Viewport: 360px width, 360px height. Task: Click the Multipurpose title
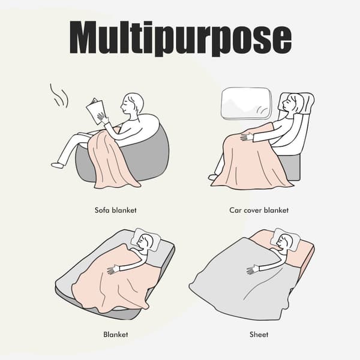click(181, 38)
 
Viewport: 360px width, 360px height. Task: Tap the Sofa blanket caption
click(116, 210)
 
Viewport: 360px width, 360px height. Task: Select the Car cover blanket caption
click(259, 210)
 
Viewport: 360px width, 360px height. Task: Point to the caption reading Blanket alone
click(116, 334)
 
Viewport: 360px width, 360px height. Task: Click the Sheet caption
click(259, 334)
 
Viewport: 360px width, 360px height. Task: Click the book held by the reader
click(95, 111)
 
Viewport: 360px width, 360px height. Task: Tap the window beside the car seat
click(246, 104)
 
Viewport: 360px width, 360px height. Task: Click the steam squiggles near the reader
click(59, 96)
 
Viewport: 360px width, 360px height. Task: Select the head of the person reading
click(132, 104)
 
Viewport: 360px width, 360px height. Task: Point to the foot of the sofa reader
click(57, 165)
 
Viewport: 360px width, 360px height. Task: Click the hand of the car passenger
click(247, 137)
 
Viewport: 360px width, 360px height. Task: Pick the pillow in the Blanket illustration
click(145, 240)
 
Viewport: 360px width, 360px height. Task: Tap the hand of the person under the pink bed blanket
click(113, 269)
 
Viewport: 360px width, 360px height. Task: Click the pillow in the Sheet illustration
click(285, 240)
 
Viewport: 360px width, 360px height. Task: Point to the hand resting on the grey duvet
click(253, 269)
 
